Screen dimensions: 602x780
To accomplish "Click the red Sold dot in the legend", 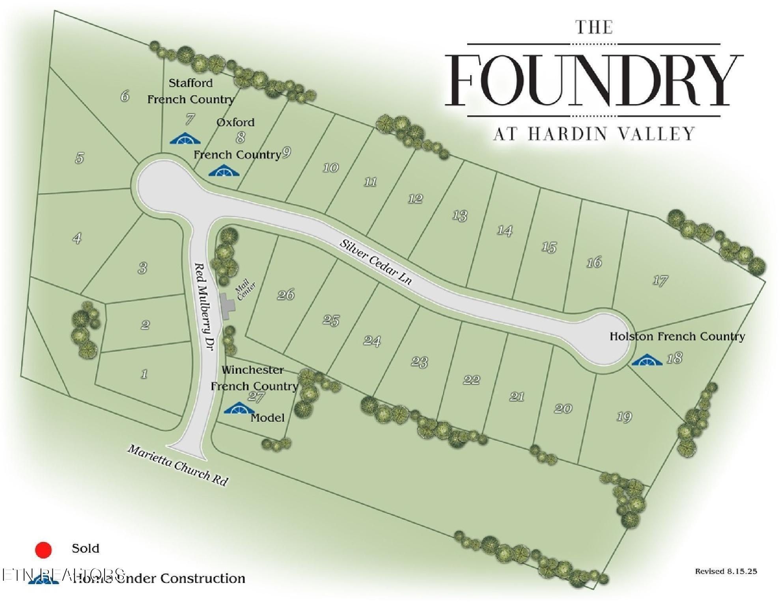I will pyautogui.click(x=43, y=550).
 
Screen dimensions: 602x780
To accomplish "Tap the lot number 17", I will pyautogui.click(x=660, y=281).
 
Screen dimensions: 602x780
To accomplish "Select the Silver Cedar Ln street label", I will pyautogui.click(x=376, y=262).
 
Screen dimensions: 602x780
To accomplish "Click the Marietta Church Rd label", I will pyautogui.click(x=177, y=466).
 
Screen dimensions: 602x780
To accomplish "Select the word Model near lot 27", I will pyautogui.click(x=267, y=418).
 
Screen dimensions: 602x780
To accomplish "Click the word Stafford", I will pyautogui.click(x=190, y=83).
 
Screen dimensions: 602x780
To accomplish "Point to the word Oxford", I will pyautogui.click(x=235, y=122).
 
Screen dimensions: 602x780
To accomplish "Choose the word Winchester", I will pyautogui.click(x=252, y=370).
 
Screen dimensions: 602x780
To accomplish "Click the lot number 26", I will pyautogui.click(x=286, y=295).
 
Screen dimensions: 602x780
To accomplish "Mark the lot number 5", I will pyautogui.click(x=80, y=158).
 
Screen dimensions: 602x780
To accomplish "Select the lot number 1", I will pyautogui.click(x=144, y=373).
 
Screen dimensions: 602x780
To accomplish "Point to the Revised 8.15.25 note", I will pyautogui.click(x=726, y=571).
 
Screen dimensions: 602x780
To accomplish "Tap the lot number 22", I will pyautogui.click(x=471, y=380).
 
